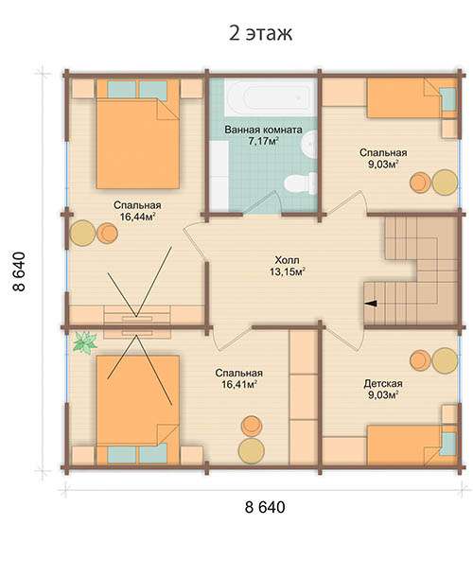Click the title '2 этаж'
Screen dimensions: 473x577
pyautogui.click(x=260, y=33)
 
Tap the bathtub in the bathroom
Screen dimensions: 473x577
pyautogui.click(x=271, y=96)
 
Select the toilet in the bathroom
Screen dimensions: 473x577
pyautogui.click(x=301, y=183)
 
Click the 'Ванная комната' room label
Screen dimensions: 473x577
pyautogui.click(x=263, y=130)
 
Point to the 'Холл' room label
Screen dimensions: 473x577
pyautogui.click(x=288, y=260)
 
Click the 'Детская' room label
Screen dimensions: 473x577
pyautogui.click(x=383, y=383)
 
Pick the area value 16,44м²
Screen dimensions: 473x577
pyautogui.click(x=137, y=217)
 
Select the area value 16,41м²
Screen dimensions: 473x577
pyautogui.click(x=239, y=385)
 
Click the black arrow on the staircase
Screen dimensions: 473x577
pyautogui.click(x=372, y=304)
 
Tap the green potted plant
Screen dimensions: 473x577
pyautogui.click(x=84, y=342)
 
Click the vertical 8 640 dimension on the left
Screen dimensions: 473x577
pyautogui.click(x=19, y=271)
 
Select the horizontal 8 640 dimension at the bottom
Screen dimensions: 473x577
pyautogui.click(x=265, y=507)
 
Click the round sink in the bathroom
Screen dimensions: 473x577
pyautogui.click(x=309, y=145)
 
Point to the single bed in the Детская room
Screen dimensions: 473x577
pyautogui.click(x=412, y=445)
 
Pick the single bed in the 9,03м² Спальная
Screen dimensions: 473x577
pyautogui.click(x=412, y=97)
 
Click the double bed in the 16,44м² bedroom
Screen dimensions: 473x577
pyautogui.click(x=138, y=133)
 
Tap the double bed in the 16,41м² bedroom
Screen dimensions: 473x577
pyautogui.click(x=138, y=410)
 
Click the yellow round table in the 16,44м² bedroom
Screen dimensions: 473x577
pyautogui.click(x=83, y=233)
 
